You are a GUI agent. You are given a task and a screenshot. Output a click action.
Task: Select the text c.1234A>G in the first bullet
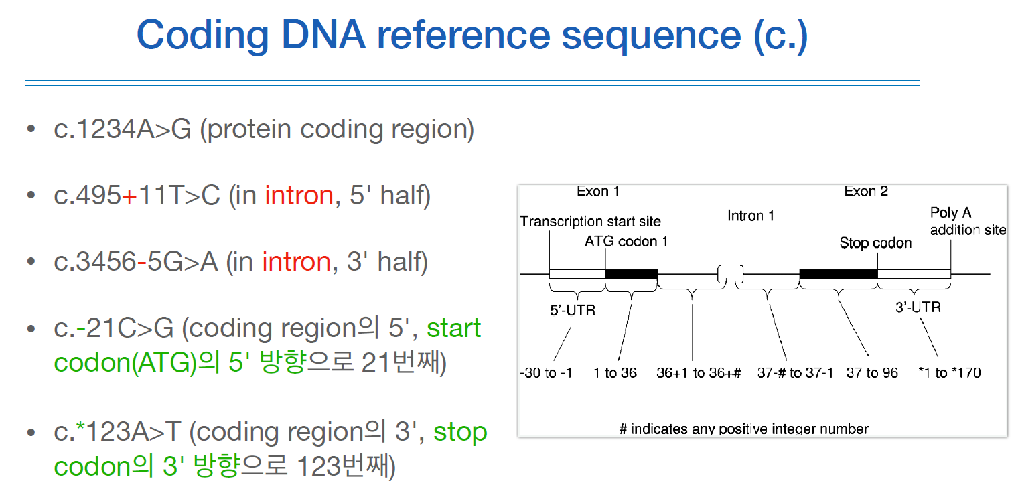(x=123, y=129)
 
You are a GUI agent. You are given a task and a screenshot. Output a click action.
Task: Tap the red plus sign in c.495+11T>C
(x=129, y=196)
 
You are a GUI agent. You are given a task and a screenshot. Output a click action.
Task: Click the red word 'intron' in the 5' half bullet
(x=299, y=196)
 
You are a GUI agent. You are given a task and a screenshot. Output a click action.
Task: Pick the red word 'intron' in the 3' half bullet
(x=296, y=261)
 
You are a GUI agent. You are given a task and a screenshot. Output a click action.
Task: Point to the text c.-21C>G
(x=113, y=328)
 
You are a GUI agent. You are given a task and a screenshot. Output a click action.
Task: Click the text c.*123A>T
(x=117, y=433)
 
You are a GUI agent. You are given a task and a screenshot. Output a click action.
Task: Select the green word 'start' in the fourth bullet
(x=454, y=328)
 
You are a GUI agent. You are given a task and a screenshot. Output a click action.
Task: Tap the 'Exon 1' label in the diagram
(x=597, y=192)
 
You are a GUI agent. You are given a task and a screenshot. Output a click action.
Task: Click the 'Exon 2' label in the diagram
(x=865, y=192)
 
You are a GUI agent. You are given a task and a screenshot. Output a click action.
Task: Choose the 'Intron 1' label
(x=751, y=216)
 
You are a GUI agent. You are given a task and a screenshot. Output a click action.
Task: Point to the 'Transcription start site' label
(x=590, y=221)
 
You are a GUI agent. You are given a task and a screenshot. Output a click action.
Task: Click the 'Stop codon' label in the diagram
(x=875, y=242)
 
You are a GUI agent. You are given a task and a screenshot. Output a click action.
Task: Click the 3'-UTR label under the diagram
(x=918, y=307)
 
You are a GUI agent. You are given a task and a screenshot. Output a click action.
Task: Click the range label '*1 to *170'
(x=949, y=373)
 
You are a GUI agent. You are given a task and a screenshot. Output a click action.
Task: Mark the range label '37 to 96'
(x=871, y=373)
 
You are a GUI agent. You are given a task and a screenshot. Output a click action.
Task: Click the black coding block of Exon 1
(x=631, y=273)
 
